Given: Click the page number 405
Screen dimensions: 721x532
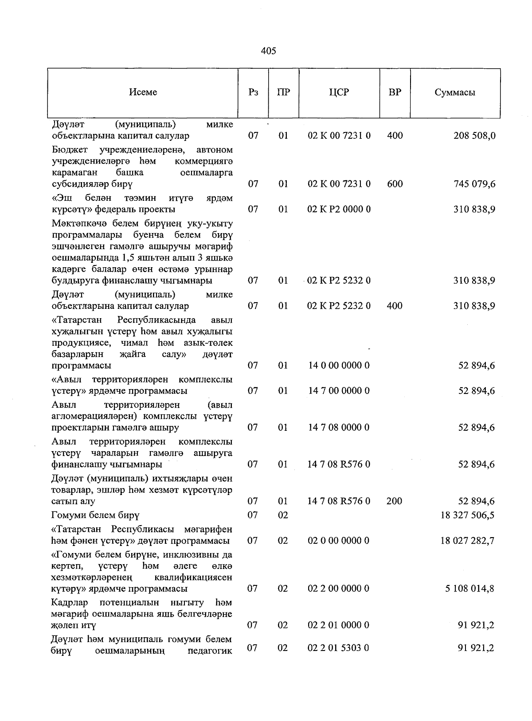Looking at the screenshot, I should point(268,51).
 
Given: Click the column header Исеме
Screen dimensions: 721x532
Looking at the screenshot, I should point(143,92).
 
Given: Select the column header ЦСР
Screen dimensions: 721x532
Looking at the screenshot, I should point(339,92).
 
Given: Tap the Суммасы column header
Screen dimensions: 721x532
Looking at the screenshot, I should point(455,92).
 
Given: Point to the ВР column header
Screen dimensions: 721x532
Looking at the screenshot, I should point(395,92).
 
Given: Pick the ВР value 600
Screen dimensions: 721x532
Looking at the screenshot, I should point(395,184).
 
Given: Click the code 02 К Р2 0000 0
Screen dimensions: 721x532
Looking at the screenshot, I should point(339,209).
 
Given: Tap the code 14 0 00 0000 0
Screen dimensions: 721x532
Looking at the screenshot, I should point(339,366).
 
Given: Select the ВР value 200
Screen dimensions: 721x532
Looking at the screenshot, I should point(394,501).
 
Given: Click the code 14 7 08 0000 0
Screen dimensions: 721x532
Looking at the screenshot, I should point(339,428).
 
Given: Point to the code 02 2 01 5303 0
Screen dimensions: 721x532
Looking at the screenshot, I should point(339,648).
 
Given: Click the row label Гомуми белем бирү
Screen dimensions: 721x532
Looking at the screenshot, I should point(95,515).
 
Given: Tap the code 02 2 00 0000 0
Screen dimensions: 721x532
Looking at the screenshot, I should point(339,588).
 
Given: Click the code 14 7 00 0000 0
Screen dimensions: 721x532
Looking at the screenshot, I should point(339,391).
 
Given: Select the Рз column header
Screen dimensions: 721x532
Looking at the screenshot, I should point(253,92).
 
